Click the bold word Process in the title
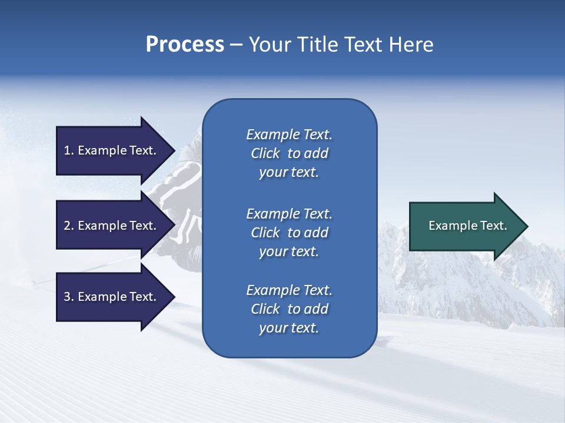(x=185, y=45)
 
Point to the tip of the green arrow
(x=527, y=226)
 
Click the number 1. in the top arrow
(x=69, y=150)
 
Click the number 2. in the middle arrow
(x=69, y=226)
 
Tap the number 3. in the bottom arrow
(x=69, y=297)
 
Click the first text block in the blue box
(x=289, y=153)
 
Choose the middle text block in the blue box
(x=289, y=233)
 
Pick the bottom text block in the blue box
(x=289, y=309)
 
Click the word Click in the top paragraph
(x=265, y=153)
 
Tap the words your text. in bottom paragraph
(x=289, y=328)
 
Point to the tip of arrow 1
(x=174, y=150)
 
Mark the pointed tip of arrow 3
(x=174, y=297)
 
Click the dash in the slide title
(x=236, y=45)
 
